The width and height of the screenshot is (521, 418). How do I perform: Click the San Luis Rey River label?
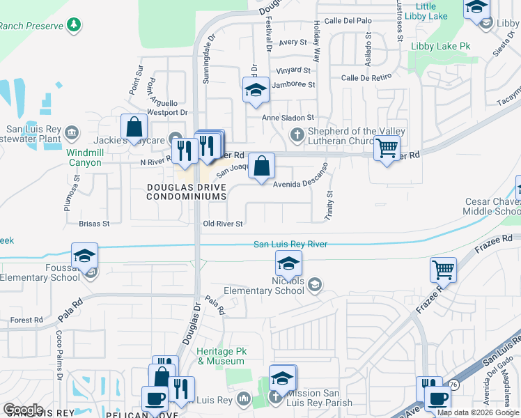290,244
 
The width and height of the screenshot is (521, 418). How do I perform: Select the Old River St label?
222,224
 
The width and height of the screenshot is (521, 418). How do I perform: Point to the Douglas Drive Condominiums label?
187,192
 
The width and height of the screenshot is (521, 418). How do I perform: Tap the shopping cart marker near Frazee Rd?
443,269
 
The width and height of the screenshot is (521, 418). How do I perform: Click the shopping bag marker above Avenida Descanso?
261,167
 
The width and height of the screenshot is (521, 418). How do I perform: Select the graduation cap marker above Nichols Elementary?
288,263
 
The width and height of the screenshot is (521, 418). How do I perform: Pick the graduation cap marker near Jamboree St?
256,91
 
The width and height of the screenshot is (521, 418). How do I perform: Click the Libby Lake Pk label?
441,47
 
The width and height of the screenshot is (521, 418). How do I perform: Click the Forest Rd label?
27,320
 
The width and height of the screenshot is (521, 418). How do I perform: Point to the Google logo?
23,410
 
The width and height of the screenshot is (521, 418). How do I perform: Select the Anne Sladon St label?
288,118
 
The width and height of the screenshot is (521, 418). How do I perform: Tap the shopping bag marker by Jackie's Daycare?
134,127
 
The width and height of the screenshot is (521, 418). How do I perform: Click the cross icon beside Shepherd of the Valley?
297,134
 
